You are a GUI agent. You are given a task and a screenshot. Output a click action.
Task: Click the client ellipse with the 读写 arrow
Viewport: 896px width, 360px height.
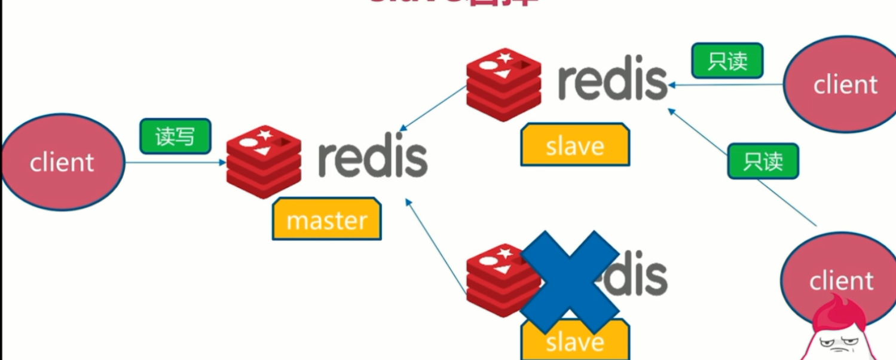pos(62,162)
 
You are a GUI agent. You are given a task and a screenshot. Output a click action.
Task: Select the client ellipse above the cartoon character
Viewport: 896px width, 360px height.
pos(840,275)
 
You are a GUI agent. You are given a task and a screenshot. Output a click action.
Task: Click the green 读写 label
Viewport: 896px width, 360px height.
pos(175,136)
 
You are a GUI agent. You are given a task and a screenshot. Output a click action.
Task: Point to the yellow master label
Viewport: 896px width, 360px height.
pos(326,219)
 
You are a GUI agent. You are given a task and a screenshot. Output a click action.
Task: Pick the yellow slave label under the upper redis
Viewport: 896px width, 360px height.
pos(574,145)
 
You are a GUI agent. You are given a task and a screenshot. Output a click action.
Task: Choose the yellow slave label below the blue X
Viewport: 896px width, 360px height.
pos(574,341)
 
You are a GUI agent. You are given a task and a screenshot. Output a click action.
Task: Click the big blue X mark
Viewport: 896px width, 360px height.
pos(570,281)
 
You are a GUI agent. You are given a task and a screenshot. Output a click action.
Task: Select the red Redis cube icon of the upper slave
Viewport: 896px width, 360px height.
pos(503,84)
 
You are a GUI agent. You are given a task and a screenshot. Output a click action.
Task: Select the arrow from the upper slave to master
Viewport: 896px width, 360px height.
pos(433,109)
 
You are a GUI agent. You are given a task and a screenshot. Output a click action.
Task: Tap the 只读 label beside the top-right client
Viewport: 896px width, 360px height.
pos(727,60)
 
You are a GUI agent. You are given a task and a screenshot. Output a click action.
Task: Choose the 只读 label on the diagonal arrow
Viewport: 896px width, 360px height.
pos(763,161)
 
